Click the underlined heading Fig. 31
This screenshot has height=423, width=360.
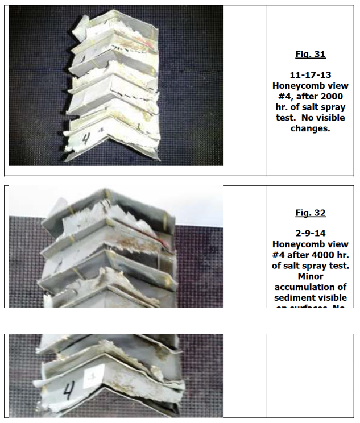pos(311,55)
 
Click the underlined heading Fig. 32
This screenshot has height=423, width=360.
pos(311,213)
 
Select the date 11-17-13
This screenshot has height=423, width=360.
pos(311,75)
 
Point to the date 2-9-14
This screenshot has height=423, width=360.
pos(311,234)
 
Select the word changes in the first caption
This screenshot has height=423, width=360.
pos(311,129)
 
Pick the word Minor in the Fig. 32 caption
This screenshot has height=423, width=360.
pos(311,276)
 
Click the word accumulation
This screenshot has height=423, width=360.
pos(311,287)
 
